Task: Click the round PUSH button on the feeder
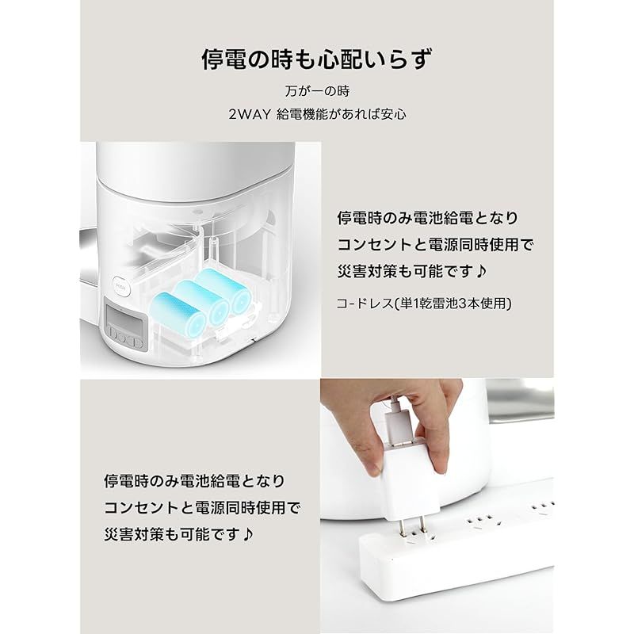point(121,287)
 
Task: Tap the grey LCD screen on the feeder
point(124,315)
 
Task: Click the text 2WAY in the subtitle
point(250,115)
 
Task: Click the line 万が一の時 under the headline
point(317,91)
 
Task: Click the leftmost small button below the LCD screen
point(113,334)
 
